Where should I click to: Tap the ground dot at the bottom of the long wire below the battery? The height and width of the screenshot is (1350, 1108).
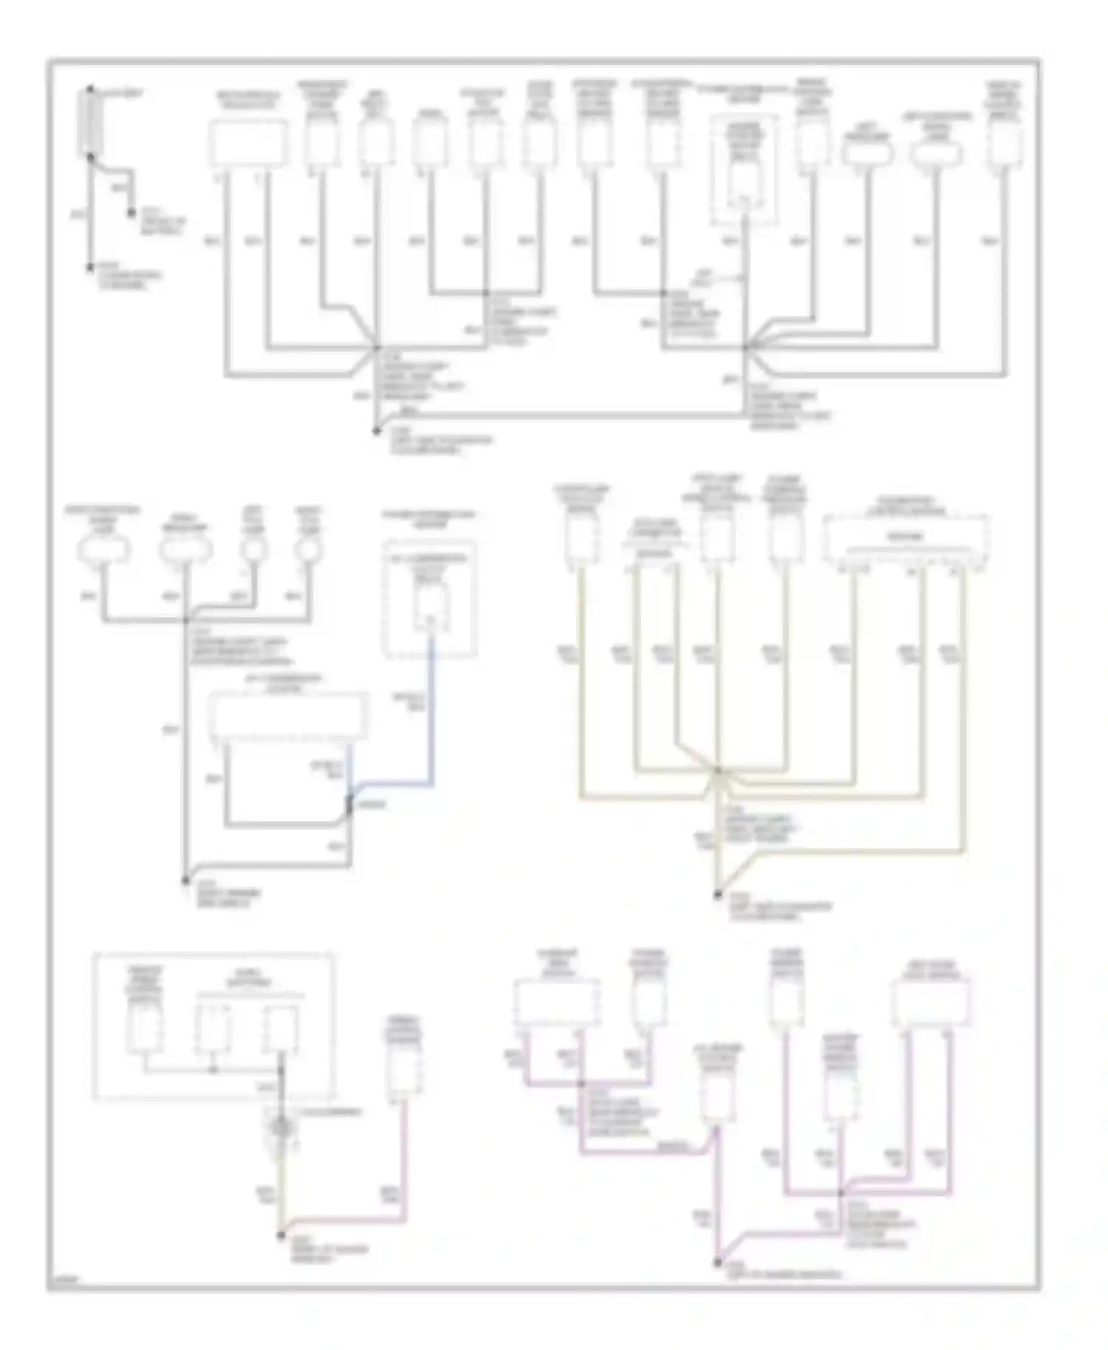tap(90, 268)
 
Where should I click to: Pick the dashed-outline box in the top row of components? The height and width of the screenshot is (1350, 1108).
tap(745, 171)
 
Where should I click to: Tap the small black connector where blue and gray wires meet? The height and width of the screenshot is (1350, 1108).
tap(349, 805)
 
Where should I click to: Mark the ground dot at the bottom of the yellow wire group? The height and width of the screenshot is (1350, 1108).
tap(717, 895)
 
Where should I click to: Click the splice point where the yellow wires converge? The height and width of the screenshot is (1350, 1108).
tap(717, 771)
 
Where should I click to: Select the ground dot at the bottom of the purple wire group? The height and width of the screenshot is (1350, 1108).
tap(717, 1263)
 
